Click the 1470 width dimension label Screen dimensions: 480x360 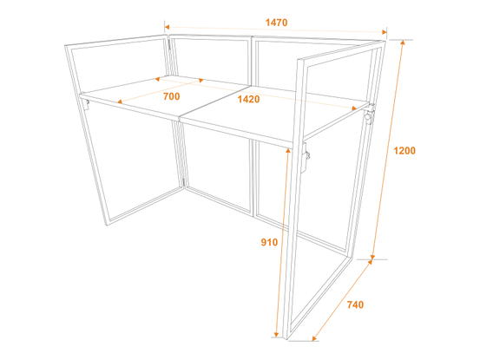coord(276,23)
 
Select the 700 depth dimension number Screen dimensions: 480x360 coord(172,96)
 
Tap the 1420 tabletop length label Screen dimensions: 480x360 coord(248,99)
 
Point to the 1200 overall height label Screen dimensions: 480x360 coord(404,150)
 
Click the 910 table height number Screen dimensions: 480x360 coord(269,242)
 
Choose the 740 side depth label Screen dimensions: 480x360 coord(355,304)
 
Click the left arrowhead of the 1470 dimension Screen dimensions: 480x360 coord(167,27)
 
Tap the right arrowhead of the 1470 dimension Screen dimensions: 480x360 coord(385,32)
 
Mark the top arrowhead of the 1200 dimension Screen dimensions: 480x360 coord(403,43)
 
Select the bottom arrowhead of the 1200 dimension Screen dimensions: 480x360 coord(373,257)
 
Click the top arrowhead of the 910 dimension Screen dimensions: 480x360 coord(288,150)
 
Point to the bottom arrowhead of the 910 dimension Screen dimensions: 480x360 coord(276,335)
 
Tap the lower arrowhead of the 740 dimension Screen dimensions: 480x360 coord(314,338)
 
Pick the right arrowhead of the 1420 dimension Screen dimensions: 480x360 coord(354,108)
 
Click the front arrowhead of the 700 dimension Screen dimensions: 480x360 coord(121,101)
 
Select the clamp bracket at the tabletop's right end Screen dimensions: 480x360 coord(370,114)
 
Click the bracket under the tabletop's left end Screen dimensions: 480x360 coord(86,104)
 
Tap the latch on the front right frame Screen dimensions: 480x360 coord(306,157)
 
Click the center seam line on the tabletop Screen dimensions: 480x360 coord(212,101)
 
